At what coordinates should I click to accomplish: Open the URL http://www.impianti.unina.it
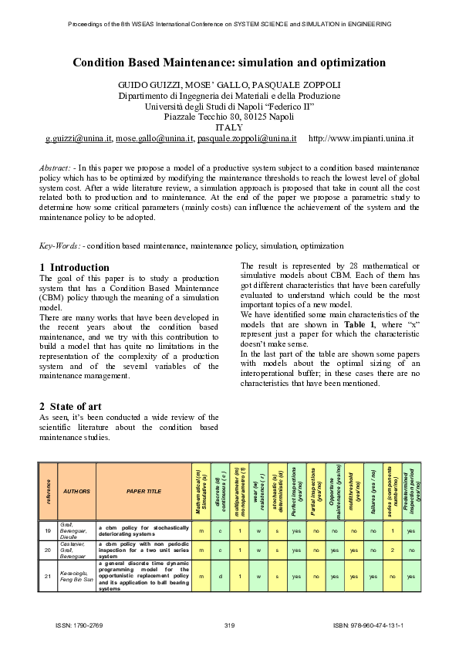click(x=361, y=139)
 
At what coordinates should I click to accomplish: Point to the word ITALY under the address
click(x=229, y=127)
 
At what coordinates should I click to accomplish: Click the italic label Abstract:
click(x=56, y=168)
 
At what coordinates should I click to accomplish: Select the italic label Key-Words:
click(x=59, y=245)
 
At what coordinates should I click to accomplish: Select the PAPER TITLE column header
click(x=143, y=490)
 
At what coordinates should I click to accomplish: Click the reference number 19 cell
click(x=48, y=530)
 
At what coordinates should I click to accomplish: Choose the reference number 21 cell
click(x=48, y=576)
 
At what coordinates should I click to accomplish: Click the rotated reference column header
click(x=48, y=490)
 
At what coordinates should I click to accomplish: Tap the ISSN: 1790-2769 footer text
click(x=81, y=624)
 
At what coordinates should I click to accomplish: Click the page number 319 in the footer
click(x=229, y=624)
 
